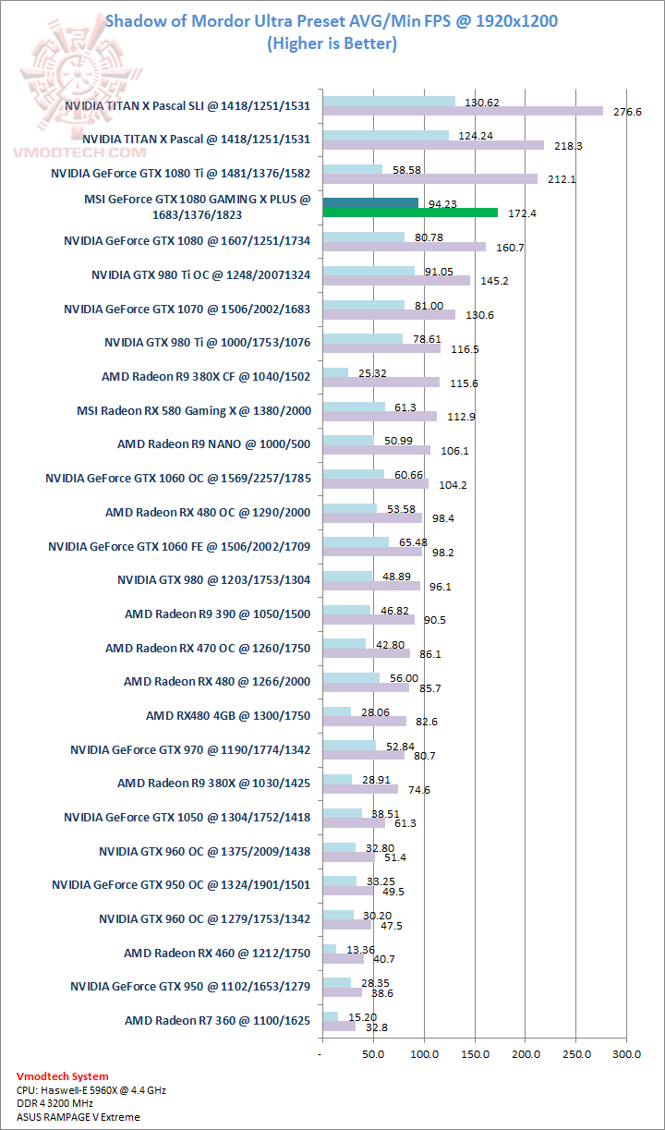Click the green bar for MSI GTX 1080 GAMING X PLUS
coord(410,213)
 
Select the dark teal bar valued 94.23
coord(370,202)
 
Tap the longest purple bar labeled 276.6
coord(462,111)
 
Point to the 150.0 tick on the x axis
coord(475,1052)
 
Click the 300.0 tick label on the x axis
coord(626,1052)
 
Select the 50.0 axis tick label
coord(372,1052)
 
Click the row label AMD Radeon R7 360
coord(217,1021)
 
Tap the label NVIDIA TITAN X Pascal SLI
coord(187,105)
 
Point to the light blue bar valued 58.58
coord(352,169)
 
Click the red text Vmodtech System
coord(62,1076)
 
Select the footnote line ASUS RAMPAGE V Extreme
coord(79,1117)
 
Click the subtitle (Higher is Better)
coord(332,43)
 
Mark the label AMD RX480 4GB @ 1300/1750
coord(227,715)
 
